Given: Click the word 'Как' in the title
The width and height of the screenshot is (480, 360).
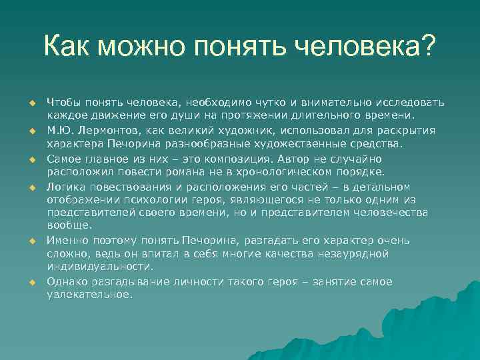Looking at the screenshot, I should tap(69, 47).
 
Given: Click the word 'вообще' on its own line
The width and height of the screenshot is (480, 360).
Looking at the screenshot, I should tap(66, 225).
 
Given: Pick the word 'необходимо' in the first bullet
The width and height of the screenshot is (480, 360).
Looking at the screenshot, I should tap(213, 102).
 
